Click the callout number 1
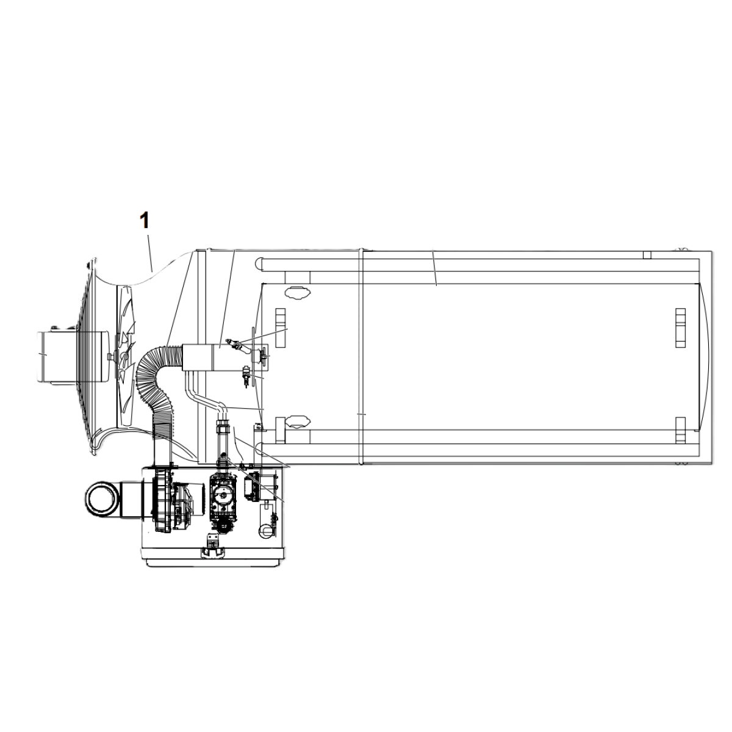click(144, 220)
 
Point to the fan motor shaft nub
click(111, 356)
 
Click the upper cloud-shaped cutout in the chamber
click(298, 293)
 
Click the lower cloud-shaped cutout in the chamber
click(298, 421)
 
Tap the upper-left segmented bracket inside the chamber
click(281, 328)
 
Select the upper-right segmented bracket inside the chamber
click(680, 328)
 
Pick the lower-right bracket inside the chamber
click(680, 430)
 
